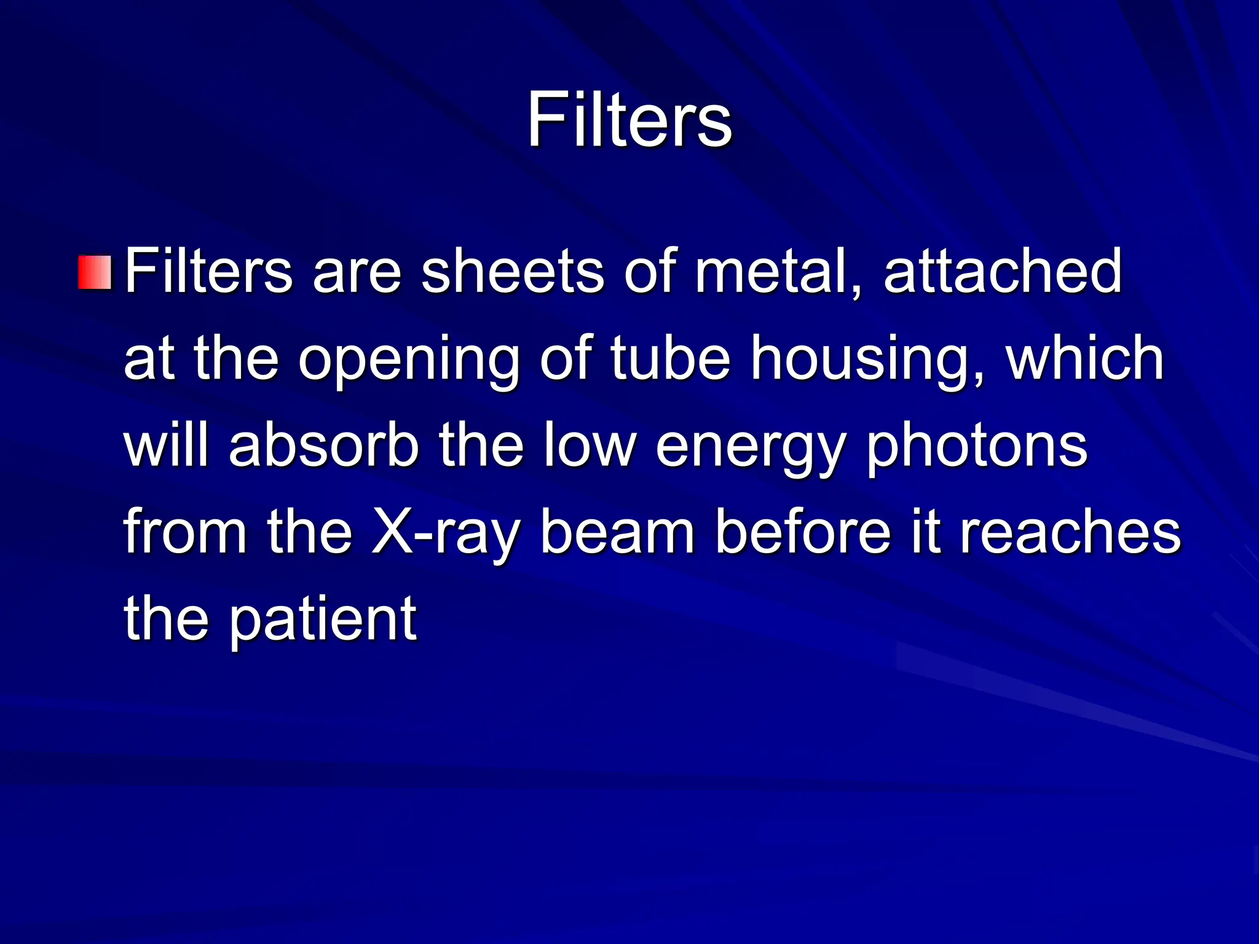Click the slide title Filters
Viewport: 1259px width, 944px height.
(629, 119)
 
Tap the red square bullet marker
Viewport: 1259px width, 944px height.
(95, 272)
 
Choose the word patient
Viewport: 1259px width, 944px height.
(324, 619)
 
